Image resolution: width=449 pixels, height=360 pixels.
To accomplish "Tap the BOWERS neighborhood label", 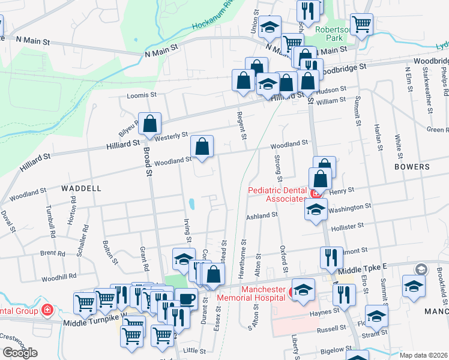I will click(412, 166).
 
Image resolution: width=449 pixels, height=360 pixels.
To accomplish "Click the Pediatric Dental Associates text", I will click(277, 194).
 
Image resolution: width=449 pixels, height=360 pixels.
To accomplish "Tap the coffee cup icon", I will click(186, 298).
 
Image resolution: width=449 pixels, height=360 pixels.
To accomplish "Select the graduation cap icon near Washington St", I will click(315, 209).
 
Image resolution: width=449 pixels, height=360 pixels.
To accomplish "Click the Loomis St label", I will click(141, 95).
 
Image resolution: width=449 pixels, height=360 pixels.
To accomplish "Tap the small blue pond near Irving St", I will click(191, 204).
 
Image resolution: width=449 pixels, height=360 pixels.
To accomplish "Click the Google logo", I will click(20, 353).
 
